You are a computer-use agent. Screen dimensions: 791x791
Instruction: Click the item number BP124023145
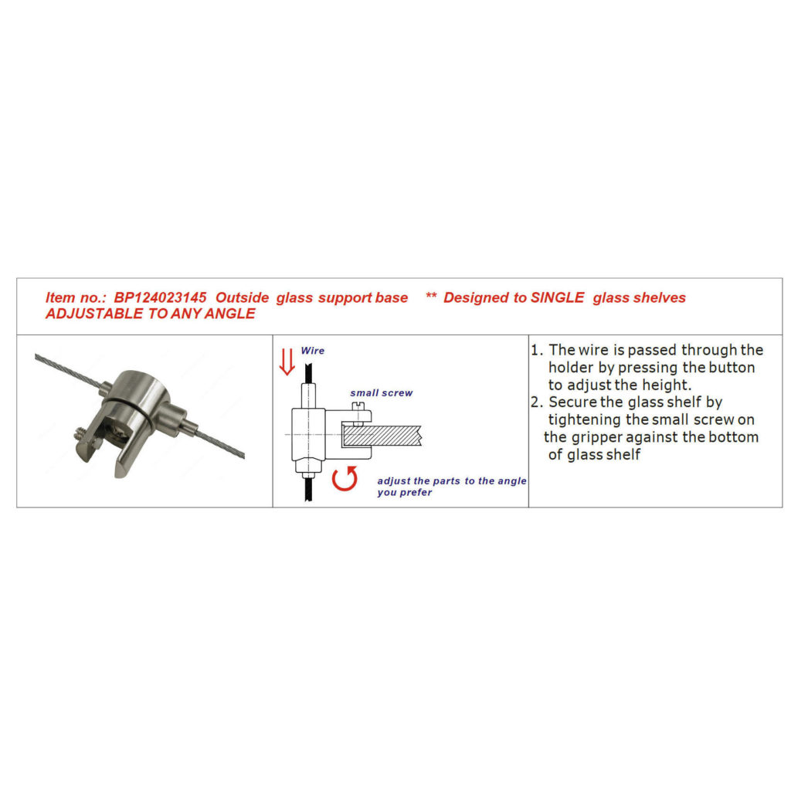tap(160, 297)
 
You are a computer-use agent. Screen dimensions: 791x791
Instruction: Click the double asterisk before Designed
tap(431, 295)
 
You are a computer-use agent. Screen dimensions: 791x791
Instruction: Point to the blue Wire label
tap(313, 351)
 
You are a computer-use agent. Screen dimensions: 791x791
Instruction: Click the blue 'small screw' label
tap(382, 393)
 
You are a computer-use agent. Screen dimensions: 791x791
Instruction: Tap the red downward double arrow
tap(287, 362)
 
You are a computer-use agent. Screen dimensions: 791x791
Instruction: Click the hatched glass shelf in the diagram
tap(382, 436)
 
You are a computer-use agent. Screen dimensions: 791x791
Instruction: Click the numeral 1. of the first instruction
tap(537, 350)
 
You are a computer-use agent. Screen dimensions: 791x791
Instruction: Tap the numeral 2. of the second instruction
tap(537, 402)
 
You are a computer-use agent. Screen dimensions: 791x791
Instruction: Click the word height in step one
tap(666, 385)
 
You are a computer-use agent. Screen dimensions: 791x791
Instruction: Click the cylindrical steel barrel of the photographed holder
tap(133, 399)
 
